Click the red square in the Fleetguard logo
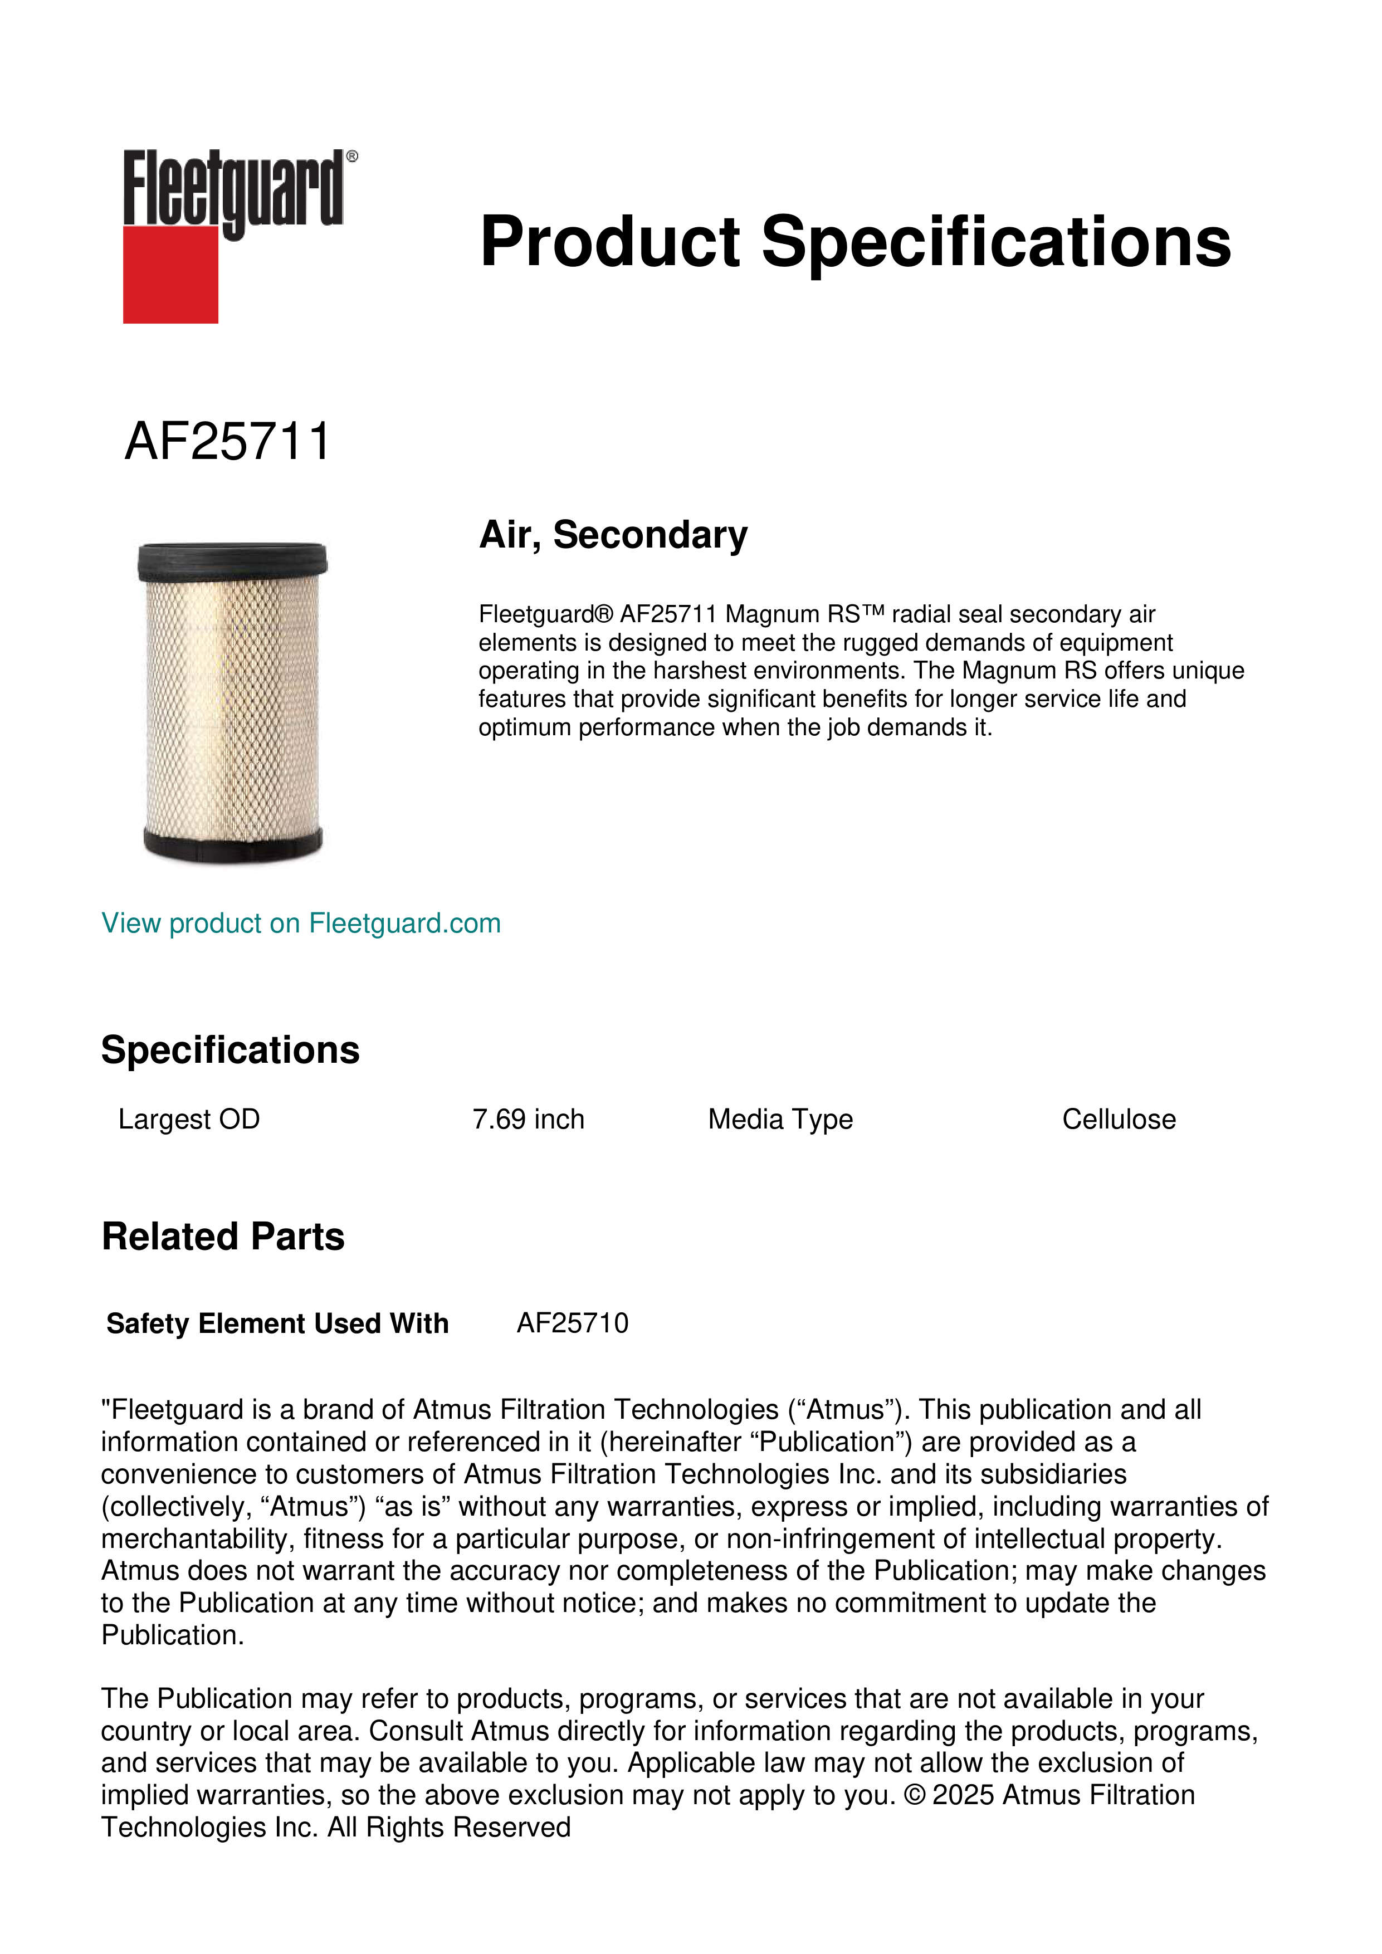click(170, 274)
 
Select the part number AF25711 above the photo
click(227, 442)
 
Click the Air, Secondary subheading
click(613, 535)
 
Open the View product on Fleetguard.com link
click(300, 924)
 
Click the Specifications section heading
click(229, 1050)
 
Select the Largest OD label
click(189, 1119)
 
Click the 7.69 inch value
click(529, 1119)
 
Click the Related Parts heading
click(223, 1237)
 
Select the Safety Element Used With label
click(277, 1323)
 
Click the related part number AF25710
click(573, 1323)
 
